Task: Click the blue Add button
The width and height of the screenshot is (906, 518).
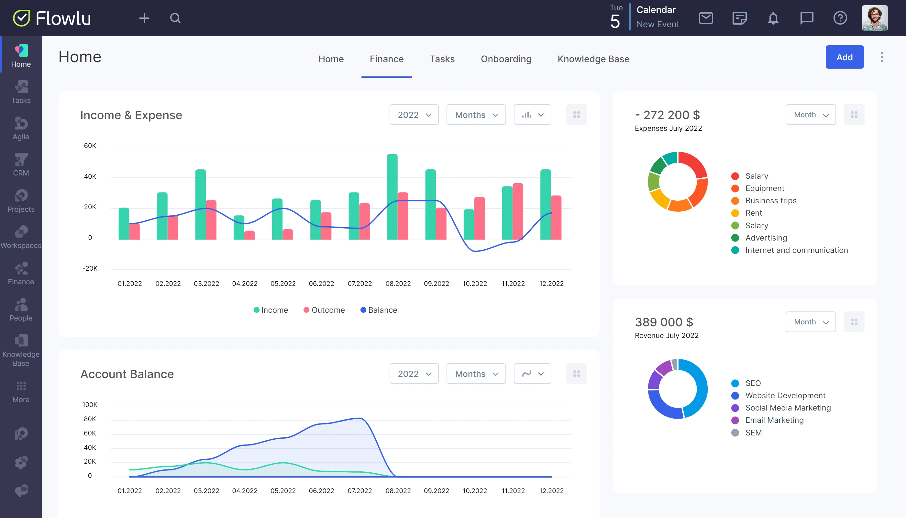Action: [x=844, y=57]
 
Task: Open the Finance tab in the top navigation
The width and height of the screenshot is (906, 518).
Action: [x=387, y=59]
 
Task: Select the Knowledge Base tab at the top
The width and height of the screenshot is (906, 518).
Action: [x=593, y=59]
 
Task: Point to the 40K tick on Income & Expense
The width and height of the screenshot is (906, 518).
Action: [x=90, y=176]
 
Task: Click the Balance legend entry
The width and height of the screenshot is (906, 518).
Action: [x=379, y=310]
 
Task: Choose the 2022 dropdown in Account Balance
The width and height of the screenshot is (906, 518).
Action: [x=414, y=374]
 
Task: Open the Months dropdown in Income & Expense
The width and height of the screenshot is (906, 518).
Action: [x=476, y=115]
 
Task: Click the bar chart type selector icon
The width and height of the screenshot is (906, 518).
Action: [x=532, y=115]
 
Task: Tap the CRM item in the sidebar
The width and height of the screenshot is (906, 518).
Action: [x=21, y=165]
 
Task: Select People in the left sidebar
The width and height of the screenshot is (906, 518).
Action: [x=21, y=310]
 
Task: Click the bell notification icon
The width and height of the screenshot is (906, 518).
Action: [x=773, y=18]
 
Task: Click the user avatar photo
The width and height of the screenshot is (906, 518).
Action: [x=874, y=18]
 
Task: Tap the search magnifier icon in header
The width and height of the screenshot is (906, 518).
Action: [x=175, y=18]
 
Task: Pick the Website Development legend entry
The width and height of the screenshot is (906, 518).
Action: [x=785, y=396]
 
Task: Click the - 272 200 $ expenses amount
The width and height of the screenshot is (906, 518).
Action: [x=667, y=115]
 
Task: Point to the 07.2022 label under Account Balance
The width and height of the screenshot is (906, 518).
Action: [x=359, y=490]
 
